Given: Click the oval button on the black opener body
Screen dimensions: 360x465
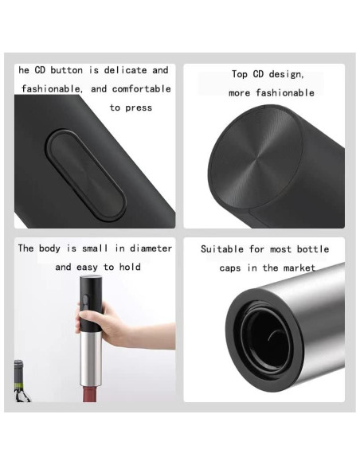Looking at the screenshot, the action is pos(86,175).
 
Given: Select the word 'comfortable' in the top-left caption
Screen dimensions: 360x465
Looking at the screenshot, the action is pos(142,88).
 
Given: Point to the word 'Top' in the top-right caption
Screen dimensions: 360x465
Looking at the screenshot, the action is pos(240,74).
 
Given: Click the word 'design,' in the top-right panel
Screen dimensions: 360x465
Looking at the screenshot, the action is pos(286,74).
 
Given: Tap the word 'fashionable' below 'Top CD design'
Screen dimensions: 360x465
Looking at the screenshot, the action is pos(285,93).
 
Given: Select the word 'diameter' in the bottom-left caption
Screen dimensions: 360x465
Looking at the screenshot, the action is pos(151,248).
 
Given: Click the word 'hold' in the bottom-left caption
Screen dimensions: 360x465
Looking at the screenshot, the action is pos(130,267).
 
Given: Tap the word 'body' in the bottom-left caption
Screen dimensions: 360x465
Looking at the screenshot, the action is pos(49,248).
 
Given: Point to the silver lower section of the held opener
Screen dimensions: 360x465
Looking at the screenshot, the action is pos(91,359).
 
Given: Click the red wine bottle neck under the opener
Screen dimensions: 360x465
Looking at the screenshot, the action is pos(91,394).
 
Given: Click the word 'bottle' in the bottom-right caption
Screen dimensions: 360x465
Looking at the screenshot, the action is pos(313,249).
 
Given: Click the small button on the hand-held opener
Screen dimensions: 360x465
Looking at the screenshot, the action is pos(86,300).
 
